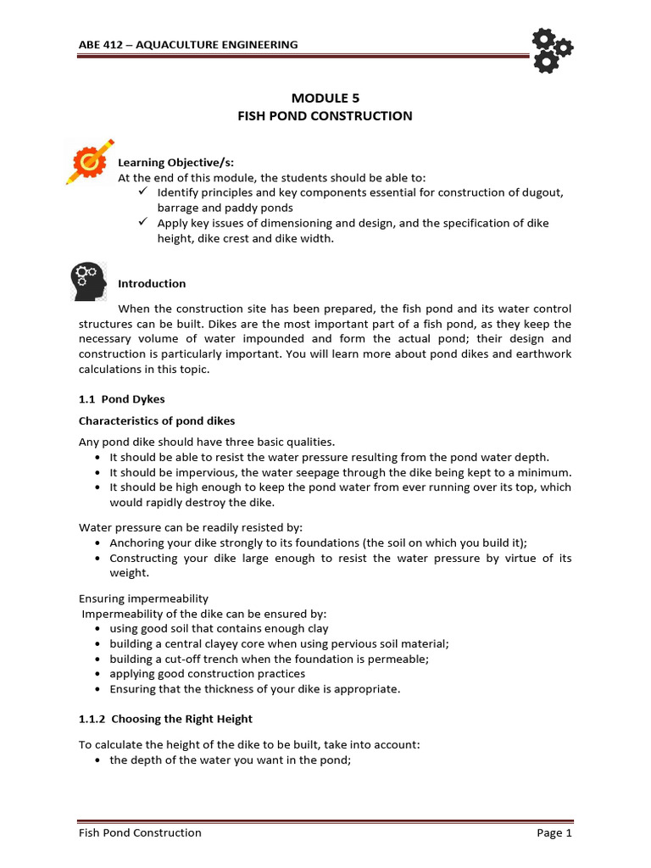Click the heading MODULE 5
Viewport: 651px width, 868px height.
tap(325, 97)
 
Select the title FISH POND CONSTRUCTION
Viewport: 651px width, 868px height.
tap(325, 115)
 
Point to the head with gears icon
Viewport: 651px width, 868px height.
tap(87, 281)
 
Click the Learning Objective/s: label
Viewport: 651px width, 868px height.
tap(164, 162)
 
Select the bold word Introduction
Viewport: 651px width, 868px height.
tap(152, 283)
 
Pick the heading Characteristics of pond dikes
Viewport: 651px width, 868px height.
tap(157, 420)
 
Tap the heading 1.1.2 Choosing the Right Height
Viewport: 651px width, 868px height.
tap(165, 718)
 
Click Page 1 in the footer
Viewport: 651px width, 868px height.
tap(554, 832)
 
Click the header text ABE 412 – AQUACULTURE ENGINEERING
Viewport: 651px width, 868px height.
tap(188, 44)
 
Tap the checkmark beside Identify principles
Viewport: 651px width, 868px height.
tap(143, 192)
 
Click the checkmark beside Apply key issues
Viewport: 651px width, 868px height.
tap(143, 222)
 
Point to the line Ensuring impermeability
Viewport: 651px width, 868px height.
tap(143, 598)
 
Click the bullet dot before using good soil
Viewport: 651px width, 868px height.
tap(98, 629)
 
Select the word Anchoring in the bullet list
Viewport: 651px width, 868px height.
tap(136, 542)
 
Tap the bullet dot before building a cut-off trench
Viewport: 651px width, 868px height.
tap(98, 659)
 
